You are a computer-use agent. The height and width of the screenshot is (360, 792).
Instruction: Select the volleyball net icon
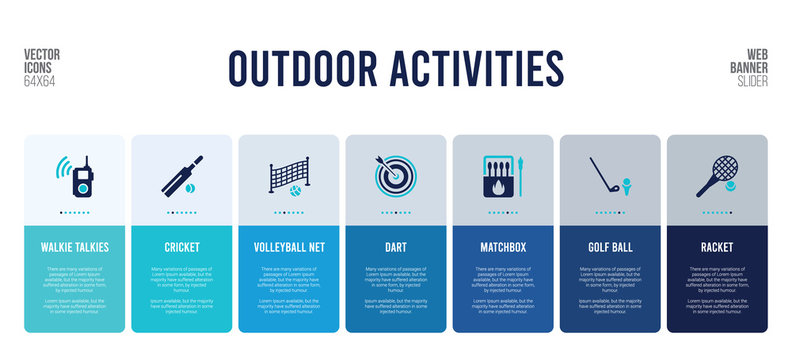[288, 176]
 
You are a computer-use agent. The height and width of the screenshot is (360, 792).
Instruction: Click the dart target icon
[394, 175]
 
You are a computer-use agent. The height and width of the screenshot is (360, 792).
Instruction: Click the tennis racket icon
[714, 175]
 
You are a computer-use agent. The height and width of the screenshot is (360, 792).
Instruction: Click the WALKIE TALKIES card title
[75, 246]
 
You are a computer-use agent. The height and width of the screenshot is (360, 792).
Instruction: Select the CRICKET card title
[182, 246]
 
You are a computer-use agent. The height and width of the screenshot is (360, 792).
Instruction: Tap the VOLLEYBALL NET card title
[288, 246]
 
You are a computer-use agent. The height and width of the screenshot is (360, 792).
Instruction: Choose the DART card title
[395, 246]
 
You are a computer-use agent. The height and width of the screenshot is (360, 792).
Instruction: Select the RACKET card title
[717, 246]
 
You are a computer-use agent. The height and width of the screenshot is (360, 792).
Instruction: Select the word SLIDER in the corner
[749, 80]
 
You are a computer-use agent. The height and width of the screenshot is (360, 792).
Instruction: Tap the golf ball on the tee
[627, 182]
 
